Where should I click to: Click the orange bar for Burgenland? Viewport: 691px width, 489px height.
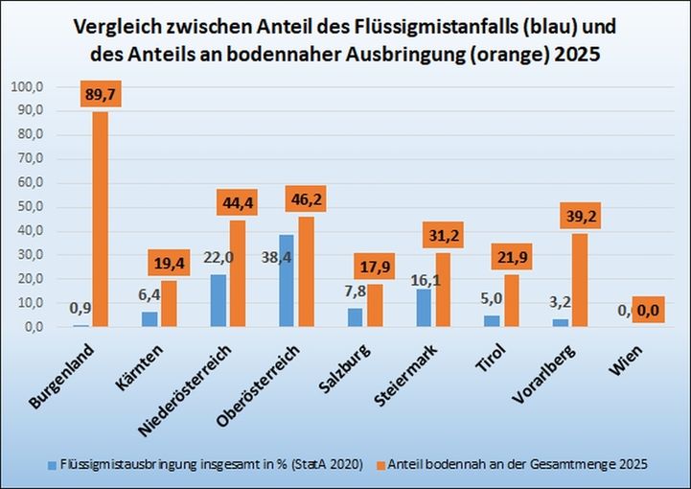tap(100, 219)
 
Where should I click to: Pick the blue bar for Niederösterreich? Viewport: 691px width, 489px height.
tap(219, 300)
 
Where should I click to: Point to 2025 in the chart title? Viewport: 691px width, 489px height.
tap(575, 54)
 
